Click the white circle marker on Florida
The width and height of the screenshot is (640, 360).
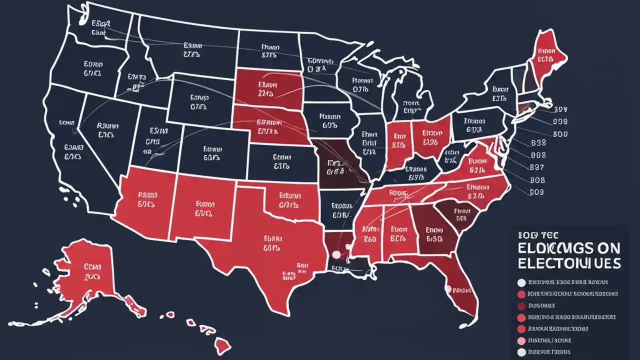coord(448,289)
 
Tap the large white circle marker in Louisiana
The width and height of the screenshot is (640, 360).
coord(336,254)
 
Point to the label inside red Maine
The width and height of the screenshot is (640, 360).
coord(546,54)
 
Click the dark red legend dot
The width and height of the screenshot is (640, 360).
coord(521,306)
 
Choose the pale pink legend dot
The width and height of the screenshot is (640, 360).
coord(521,340)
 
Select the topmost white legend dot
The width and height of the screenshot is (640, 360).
coord(521,282)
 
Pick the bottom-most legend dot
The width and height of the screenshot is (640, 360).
coord(521,352)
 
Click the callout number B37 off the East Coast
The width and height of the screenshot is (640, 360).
coord(537,166)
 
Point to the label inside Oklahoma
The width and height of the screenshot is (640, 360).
coord(288,200)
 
